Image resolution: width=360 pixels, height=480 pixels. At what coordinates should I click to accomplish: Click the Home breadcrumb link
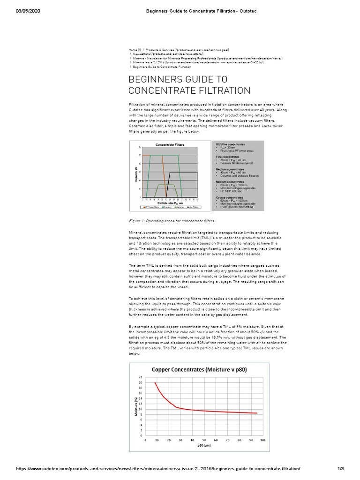133,50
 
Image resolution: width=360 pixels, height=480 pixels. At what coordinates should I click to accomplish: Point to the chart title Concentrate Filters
170,145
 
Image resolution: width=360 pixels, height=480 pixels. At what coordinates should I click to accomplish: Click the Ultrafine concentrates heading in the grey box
230,144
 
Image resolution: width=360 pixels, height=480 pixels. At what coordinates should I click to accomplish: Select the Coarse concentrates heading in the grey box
230,198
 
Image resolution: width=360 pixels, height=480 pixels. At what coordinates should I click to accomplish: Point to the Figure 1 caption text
171,220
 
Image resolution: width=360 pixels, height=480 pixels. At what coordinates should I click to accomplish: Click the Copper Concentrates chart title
199,369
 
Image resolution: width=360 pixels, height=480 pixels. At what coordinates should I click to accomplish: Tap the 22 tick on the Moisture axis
140,377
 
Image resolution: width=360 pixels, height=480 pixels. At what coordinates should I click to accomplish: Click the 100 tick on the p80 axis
262,440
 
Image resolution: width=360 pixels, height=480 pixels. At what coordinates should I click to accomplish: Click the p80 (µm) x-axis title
204,446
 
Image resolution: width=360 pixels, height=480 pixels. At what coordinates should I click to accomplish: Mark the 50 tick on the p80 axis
204,440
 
